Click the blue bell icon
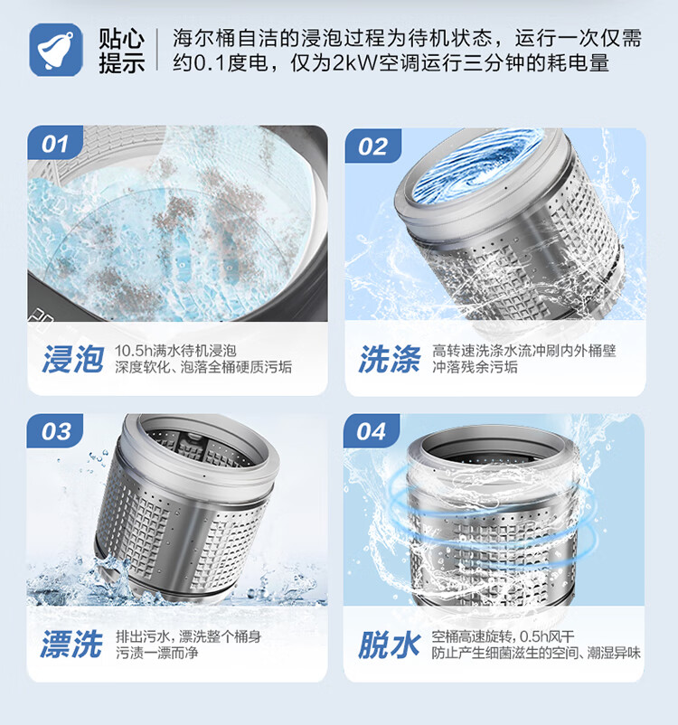[x=57, y=49]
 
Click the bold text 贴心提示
[x=121, y=51]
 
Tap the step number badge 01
[x=55, y=144]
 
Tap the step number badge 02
[x=372, y=146]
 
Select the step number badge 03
[x=55, y=432]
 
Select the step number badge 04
[x=372, y=432]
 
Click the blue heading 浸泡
[x=72, y=360]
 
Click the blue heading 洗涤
[x=389, y=360]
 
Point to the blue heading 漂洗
[x=72, y=645]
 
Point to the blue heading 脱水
[x=389, y=645]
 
